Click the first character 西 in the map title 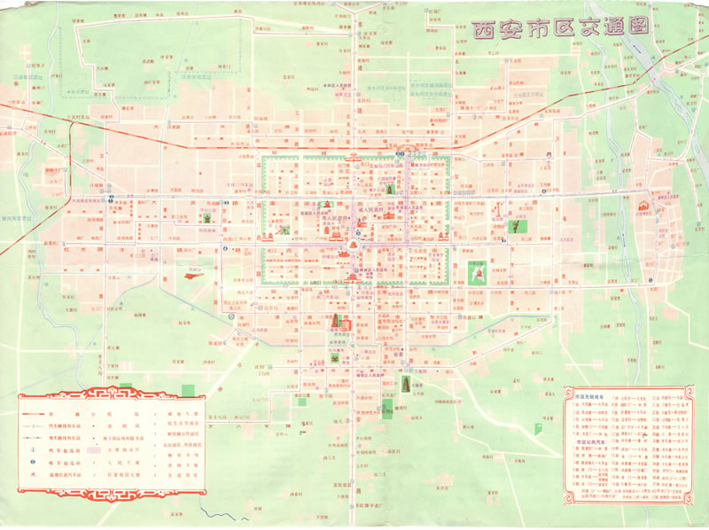click(x=487, y=27)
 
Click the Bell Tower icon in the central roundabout click(x=354, y=245)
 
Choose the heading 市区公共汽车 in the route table click(x=591, y=440)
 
